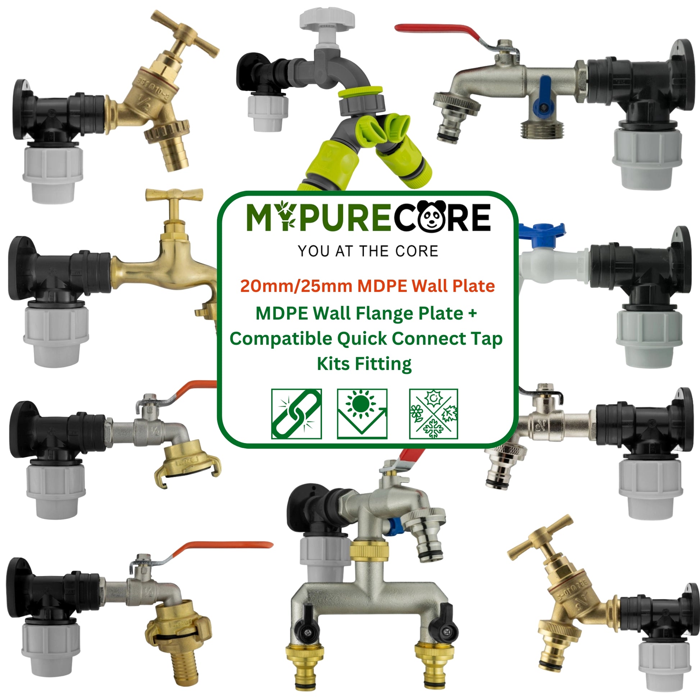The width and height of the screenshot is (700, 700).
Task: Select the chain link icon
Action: point(296,414)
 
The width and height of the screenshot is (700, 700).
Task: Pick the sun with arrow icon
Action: point(362,414)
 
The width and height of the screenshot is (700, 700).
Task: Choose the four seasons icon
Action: point(434,414)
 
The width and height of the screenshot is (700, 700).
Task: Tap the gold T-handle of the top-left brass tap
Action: point(185,35)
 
